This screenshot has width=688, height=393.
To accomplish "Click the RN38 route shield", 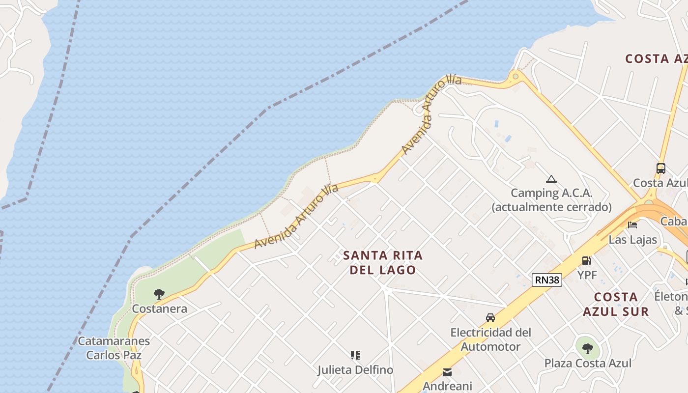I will pyautogui.click(x=546, y=280).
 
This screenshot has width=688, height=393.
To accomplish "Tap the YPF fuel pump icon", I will pyautogui.click(x=586, y=261).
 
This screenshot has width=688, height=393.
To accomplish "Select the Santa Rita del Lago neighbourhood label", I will pyautogui.click(x=383, y=262).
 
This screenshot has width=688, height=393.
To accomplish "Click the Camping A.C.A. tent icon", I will pyautogui.click(x=551, y=179).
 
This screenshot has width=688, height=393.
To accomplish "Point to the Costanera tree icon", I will pyautogui.click(x=159, y=294).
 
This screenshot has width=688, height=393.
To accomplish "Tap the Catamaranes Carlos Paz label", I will pyautogui.click(x=114, y=348).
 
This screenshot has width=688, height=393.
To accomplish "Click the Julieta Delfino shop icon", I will pyautogui.click(x=355, y=355).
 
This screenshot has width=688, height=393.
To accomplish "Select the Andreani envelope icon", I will pyautogui.click(x=447, y=372).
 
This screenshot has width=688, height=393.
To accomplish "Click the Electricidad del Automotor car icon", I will pyautogui.click(x=490, y=318).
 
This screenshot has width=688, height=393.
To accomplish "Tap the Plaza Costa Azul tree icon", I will pyautogui.click(x=587, y=349).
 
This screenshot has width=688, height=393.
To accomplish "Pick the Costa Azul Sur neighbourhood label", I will pyautogui.click(x=616, y=304).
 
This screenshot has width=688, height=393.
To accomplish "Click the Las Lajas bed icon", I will pyautogui.click(x=632, y=225).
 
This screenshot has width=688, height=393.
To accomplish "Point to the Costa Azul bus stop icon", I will pyautogui.click(x=661, y=168).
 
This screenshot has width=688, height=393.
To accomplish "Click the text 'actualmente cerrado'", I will pyautogui.click(x=551, y=207).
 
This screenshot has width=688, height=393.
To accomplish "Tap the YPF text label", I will pyautogui.click(x=587, y=275).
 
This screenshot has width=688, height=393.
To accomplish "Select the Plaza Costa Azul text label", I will pyautogui.click(x=588, y=364).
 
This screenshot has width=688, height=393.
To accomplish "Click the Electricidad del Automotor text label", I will pyautogui.click(x=491, y=339).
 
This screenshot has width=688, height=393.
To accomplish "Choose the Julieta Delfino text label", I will pyautogui.click(x=355, y=370).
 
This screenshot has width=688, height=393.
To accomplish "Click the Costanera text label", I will pyautogui.click(x=160, y=309).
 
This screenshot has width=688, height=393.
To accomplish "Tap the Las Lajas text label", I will pyautogui.click(x=633, y=240).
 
